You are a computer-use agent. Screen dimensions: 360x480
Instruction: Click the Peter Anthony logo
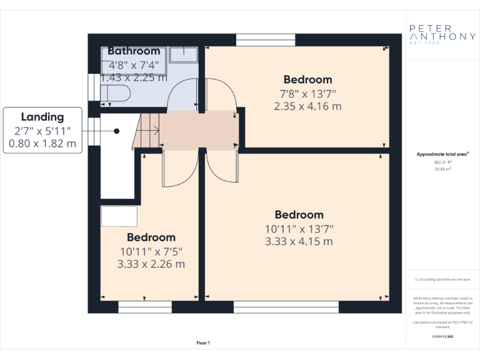(442, 32)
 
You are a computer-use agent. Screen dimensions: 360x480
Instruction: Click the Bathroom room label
(134, 51)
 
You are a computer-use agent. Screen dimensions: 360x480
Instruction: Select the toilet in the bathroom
(116, 94)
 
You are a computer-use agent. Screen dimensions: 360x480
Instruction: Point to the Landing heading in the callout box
(42, 117)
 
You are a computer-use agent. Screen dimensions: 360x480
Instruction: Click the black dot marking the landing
(117, 131)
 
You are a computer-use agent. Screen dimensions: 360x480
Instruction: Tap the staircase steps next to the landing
(149, 131)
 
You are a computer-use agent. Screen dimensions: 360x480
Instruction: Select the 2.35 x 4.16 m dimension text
(307, 106)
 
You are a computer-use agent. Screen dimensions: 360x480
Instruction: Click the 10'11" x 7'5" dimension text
(151, 251)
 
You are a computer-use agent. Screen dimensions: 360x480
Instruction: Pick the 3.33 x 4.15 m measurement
(299, 241)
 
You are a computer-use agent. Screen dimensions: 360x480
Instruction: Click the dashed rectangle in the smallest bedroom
(119, 216)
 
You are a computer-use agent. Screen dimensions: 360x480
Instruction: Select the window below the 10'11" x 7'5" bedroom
(145, 306)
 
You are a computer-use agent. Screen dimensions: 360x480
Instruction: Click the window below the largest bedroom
(286, 306)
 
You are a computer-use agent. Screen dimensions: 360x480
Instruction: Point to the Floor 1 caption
(203, 342)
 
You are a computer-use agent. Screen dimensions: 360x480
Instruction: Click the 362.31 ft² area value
(442, 162)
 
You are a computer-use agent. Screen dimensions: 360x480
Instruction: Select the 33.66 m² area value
(442, 169)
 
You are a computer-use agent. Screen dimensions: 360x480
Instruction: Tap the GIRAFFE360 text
(442, 336)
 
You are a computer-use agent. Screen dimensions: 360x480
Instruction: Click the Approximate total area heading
(442, 154)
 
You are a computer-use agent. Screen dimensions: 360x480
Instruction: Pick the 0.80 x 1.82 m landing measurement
(42, 143)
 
